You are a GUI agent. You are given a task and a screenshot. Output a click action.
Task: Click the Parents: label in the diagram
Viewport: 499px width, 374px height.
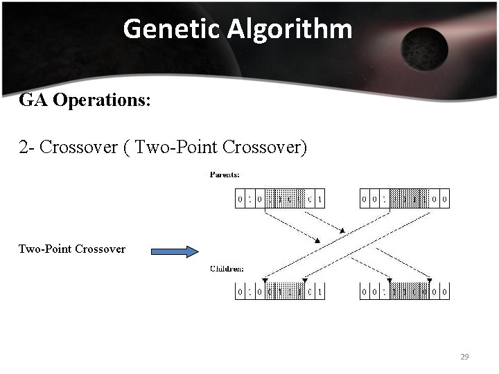click(x=225, y=175)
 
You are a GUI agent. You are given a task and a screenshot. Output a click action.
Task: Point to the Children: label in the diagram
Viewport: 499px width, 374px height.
click(x=226, y=269)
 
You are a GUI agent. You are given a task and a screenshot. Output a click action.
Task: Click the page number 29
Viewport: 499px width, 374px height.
click(x=464, y=357)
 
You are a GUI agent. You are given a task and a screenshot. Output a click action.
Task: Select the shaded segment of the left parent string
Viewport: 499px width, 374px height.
click(x=285, y=200)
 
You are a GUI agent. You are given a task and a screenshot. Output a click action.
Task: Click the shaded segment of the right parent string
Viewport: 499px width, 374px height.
click(x=408, y=200)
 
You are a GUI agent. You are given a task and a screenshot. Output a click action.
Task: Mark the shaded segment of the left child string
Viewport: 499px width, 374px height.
click(x=285, y=292)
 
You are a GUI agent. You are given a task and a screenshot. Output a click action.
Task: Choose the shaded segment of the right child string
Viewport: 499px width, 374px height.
click(x=408, y=292)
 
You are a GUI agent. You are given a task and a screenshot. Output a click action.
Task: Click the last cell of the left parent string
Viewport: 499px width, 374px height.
click(x=319, y=200)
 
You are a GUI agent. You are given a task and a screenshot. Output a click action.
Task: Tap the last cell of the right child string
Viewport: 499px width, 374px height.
click(x=444, y=292)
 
